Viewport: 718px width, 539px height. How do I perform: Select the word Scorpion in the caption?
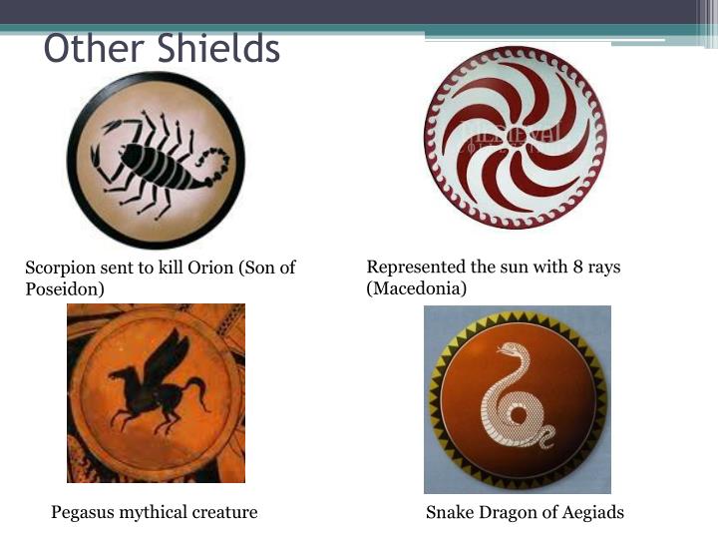pos(61,269)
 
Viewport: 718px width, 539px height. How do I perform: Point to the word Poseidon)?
pos(65,289)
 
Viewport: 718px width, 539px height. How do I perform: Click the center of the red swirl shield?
pos(516,137)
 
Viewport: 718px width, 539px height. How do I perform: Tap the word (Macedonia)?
pos(417,288)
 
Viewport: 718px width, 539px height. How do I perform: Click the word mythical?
pos(161,513)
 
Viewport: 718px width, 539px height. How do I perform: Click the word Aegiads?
pos(590,513)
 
